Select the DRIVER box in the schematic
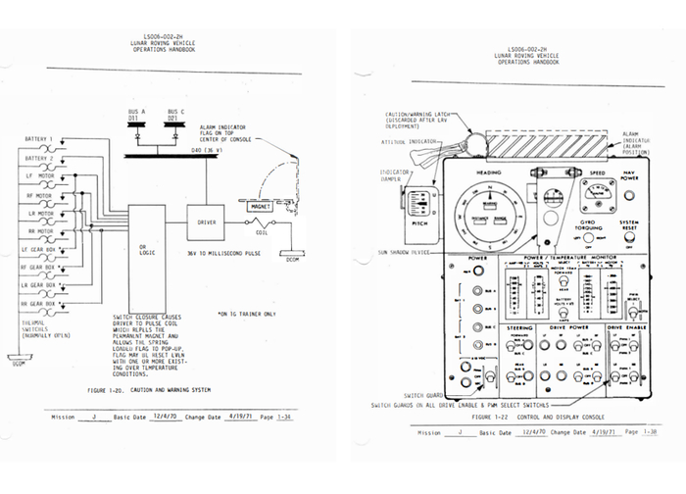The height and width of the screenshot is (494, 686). click(x=206, y=223)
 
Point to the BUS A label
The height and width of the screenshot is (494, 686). click(x=136, y=112)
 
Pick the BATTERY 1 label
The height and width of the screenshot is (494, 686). click(x=40, y=140)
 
